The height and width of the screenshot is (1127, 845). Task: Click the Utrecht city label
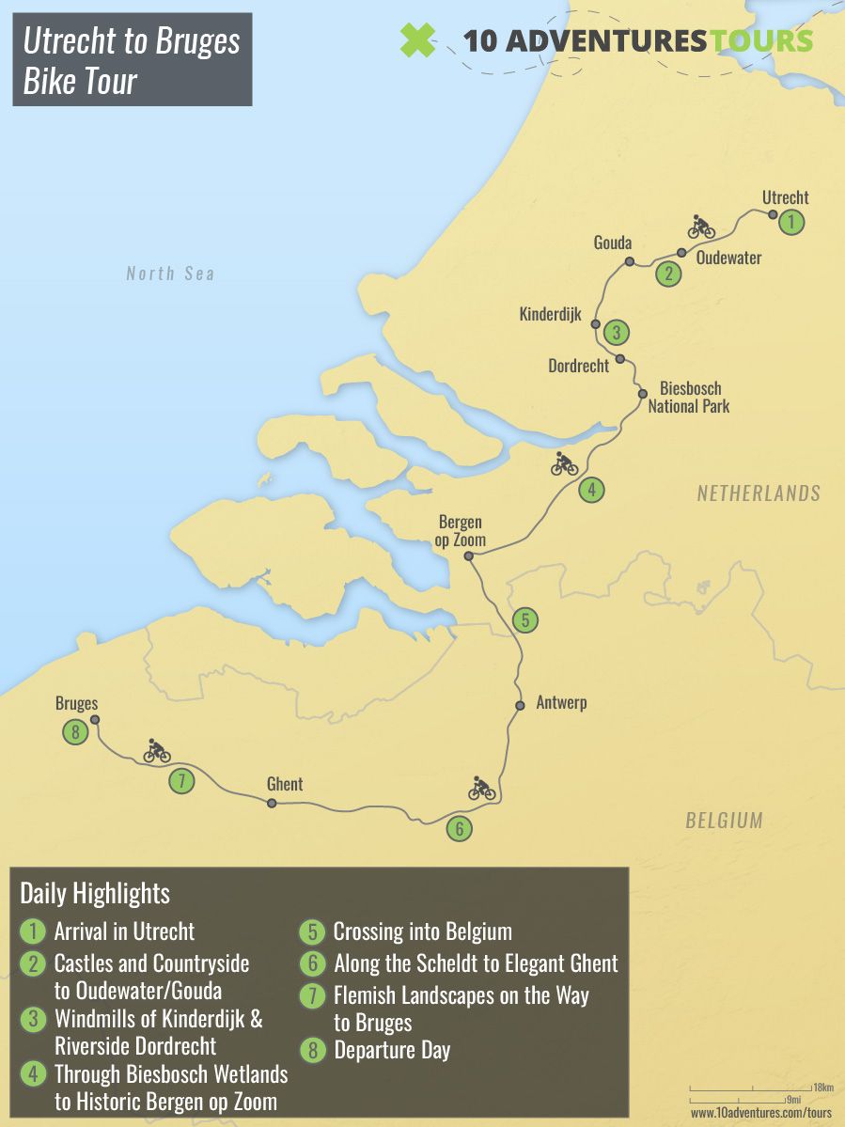[785, 197]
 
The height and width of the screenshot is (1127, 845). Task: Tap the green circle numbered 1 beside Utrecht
[792, 223]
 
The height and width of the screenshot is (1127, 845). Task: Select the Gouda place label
[613, 243]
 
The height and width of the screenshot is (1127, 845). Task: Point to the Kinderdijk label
[551, 314]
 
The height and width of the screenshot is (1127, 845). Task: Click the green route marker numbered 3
[616, 332]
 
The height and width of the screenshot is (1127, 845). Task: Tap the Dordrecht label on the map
[579, 366]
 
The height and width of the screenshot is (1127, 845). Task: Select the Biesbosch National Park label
[689, 398]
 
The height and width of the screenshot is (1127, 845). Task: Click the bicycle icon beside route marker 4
[565, 463]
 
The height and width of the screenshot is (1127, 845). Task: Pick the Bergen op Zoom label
[462, 531]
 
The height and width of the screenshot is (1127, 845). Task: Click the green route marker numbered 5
[525, 620]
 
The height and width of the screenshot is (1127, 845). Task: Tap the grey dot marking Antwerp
[519, 705]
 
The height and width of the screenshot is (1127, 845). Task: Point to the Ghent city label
[285, 784]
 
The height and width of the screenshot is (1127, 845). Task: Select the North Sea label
[170, 274]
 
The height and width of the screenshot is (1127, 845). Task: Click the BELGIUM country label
[723, 820]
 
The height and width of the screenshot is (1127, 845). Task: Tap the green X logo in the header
[417, 41]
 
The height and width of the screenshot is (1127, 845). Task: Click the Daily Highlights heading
[95, 893]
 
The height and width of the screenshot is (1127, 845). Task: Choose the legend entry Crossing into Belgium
[422, 932]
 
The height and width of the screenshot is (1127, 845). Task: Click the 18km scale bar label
[822, 1087]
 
